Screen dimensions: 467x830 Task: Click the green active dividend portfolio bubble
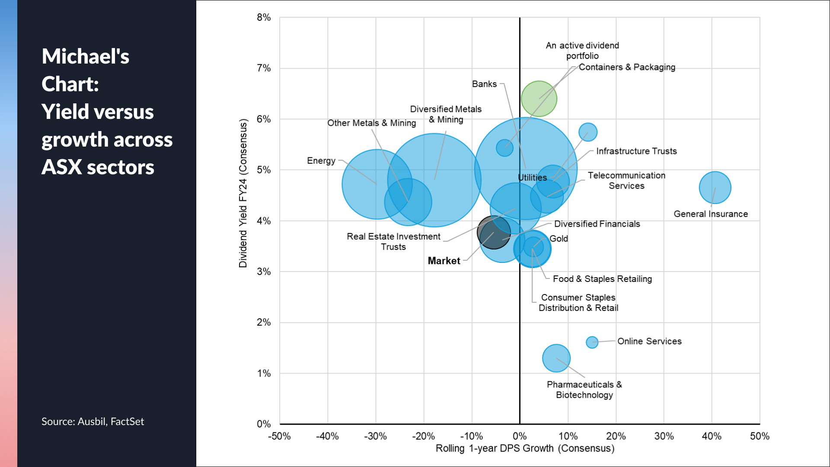click(539, 99)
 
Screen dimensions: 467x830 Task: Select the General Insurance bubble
click(715, 188)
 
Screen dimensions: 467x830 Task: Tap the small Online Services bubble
click(592, 342)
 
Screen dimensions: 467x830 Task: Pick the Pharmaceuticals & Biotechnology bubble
click(556, 358)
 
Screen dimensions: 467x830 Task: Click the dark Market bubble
click(493, 232)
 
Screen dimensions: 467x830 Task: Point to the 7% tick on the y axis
click(264, 68)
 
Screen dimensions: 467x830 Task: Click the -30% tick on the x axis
click(375, 436)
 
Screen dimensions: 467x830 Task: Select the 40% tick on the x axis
click(712, 436)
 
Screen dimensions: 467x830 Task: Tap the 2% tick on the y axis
click(264, 323)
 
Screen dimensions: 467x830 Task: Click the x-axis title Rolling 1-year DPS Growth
click(525, 448)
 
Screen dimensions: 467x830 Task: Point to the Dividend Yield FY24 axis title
click(243, 193)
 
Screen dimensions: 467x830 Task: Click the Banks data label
click(484, 84)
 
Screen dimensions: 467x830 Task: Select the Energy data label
click(321, 161)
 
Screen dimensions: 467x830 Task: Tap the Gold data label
click(559, 239)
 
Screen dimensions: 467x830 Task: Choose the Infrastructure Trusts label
click(636, 151)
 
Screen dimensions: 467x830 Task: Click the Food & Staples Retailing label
click(602, 279)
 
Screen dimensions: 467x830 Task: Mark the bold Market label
click(444, 261)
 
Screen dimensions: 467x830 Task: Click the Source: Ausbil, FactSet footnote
click(93, 422)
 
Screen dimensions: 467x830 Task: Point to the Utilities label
click(532, 178)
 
